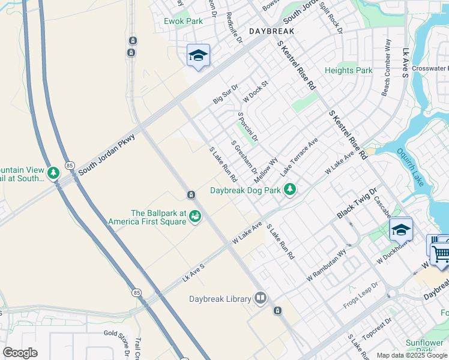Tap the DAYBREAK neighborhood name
(x=271, y=31)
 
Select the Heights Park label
(x=348, y=70)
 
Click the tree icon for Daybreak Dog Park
(x=291, y=190)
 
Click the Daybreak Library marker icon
(x=260, y=298)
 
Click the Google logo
(x=20, y=353)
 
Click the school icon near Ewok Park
(x=198, y=56)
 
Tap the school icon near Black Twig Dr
(x=400, y=229)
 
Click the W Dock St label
(x=255, y=91)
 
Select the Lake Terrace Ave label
(x=299, y=158)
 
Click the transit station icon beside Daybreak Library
(x=277, y=310)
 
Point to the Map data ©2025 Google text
(x=412, y=355)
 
